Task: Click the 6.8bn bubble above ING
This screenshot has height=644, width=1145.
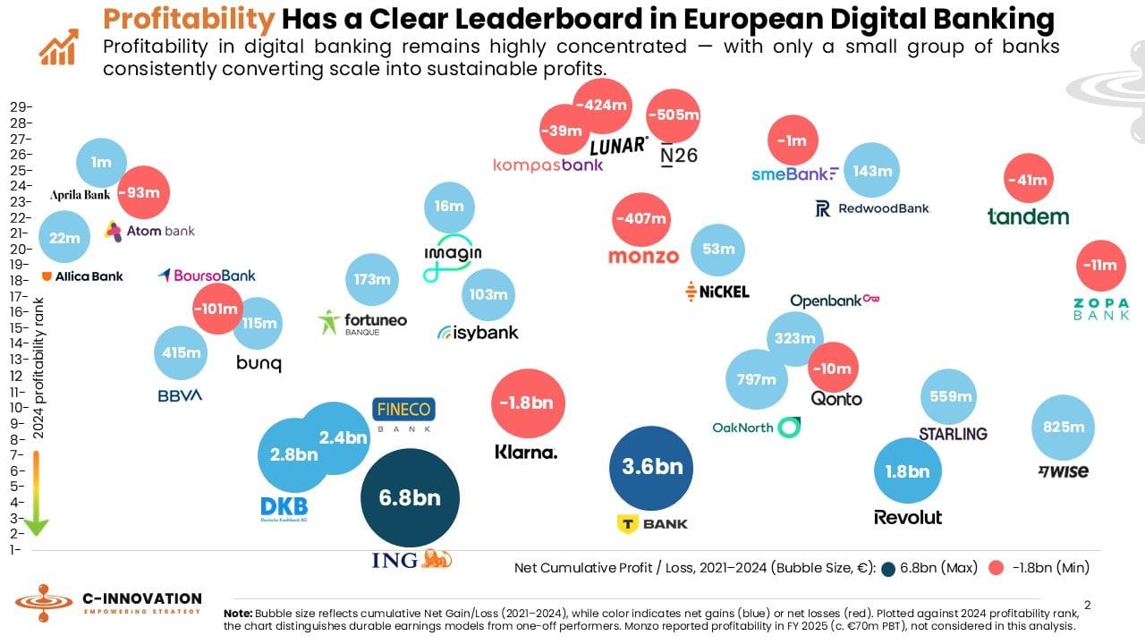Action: pyautogui.click(x=410, y=497)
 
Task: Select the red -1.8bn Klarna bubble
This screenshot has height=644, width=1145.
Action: pyautogui.click(x=528, y=403)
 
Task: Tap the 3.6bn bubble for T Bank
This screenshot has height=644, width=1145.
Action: pyautogui.click(x=652, y=467)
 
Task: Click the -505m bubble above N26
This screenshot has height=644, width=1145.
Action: pyautogui.click(x=673, y=115)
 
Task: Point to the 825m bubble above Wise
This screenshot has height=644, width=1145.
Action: pyautogui.click(x=1064, y=428)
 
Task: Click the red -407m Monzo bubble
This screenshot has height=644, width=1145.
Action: pyautogui.click(x=640, y=219)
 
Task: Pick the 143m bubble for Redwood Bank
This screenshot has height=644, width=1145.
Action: pyautogui.click(x=872, y=171)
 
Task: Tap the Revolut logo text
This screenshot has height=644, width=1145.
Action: pyautogui.click(x=908, y=518)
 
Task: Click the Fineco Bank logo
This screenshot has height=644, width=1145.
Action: pyautogui.click(x=403, y=414)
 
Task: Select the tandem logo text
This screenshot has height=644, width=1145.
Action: pyautogui.click(x=1028, y=216)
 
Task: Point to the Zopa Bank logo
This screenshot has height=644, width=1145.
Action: pyautogui.click(x=1101, y=309)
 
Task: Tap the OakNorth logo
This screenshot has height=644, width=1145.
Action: pyautogui.click(x=756, y=428)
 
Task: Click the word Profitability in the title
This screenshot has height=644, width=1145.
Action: pyautogui.click(x=188, y=19)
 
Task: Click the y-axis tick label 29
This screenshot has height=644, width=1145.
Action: pyautogui.click(x=20, y=106)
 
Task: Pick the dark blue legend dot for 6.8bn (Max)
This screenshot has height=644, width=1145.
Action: pyautogui.click(x=888, y=568)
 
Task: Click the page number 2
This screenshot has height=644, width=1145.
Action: pyautogui.click(x=1087, y=606)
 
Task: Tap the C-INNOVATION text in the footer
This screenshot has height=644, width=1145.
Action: pyautogui.click(x=141, y=598)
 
